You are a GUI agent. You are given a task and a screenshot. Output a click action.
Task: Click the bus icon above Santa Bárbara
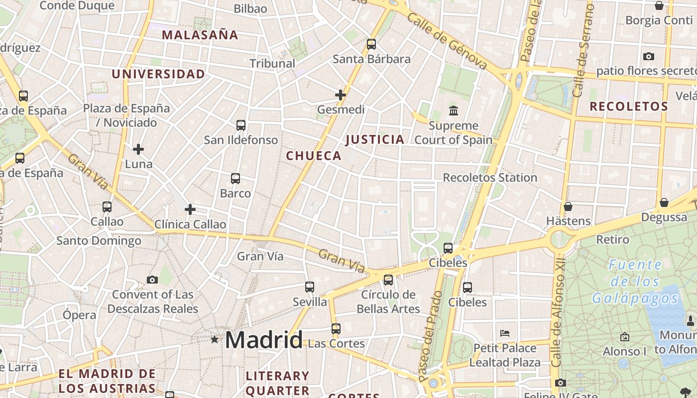[371, 44]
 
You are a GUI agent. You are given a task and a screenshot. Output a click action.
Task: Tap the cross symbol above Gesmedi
[341, 95]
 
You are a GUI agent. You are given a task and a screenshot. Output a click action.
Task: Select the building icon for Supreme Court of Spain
[453, 110]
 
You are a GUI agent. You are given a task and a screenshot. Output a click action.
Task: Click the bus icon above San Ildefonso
[241, 125]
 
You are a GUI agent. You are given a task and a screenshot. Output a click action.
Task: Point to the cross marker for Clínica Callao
[190, 209]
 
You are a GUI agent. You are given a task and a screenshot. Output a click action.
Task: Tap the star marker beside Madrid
[215, 340]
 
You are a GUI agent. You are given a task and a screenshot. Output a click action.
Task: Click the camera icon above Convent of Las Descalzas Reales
[152, 280]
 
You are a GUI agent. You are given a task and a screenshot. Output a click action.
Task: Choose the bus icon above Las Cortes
[336, 329]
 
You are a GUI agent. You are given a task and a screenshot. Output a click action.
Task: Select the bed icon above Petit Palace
[505, 333]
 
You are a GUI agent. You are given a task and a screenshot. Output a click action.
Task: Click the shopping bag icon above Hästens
[568, 206]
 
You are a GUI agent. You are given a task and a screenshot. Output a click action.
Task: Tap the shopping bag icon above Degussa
[664, 202]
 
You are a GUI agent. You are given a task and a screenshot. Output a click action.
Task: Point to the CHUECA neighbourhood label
[314, 156]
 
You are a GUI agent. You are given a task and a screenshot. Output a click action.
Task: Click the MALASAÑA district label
[200, 35]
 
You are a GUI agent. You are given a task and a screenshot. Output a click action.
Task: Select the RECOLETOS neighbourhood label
[629, 106]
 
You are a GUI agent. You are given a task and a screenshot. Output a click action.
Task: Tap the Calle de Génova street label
[447, 41]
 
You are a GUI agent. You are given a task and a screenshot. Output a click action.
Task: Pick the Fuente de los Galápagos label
[635, 282]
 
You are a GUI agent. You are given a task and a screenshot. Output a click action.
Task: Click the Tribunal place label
[272, 64]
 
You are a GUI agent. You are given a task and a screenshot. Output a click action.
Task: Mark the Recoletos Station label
[490, 178]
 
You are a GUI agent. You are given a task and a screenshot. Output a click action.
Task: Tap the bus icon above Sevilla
[310, 287]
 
